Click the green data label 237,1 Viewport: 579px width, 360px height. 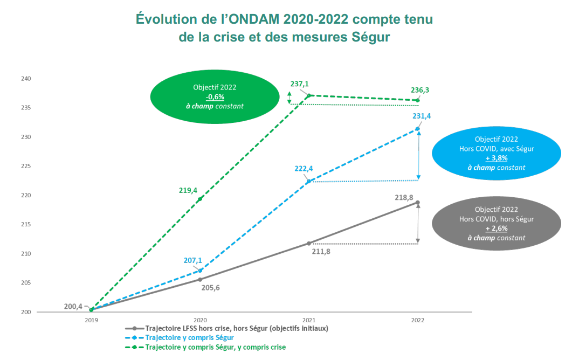click(x=300, y=84)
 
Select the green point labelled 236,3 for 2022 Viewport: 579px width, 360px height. click(x=417, y=100)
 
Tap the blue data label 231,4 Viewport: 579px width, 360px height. click(x=422, y=116)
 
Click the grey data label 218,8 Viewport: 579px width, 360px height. click(x=404, y=198)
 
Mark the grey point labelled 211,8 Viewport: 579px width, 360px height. click(x=309, y=243)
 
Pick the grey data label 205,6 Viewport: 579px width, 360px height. click(x=210, y=287)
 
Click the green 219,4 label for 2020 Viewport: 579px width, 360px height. click(x=189, y=190)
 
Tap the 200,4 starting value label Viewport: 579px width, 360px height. click(x=73, y=307)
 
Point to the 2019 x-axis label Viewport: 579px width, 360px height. click(x=91, y=320)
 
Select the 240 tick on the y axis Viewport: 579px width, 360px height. click(x=26, y=79)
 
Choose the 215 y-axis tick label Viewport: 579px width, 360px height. click(x=26, y=225)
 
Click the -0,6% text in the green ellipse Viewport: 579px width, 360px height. click(x=215, y=96)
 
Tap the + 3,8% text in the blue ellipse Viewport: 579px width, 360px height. click(x=496, y=158)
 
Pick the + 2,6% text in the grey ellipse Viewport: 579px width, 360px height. click(x=496, y=229)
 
